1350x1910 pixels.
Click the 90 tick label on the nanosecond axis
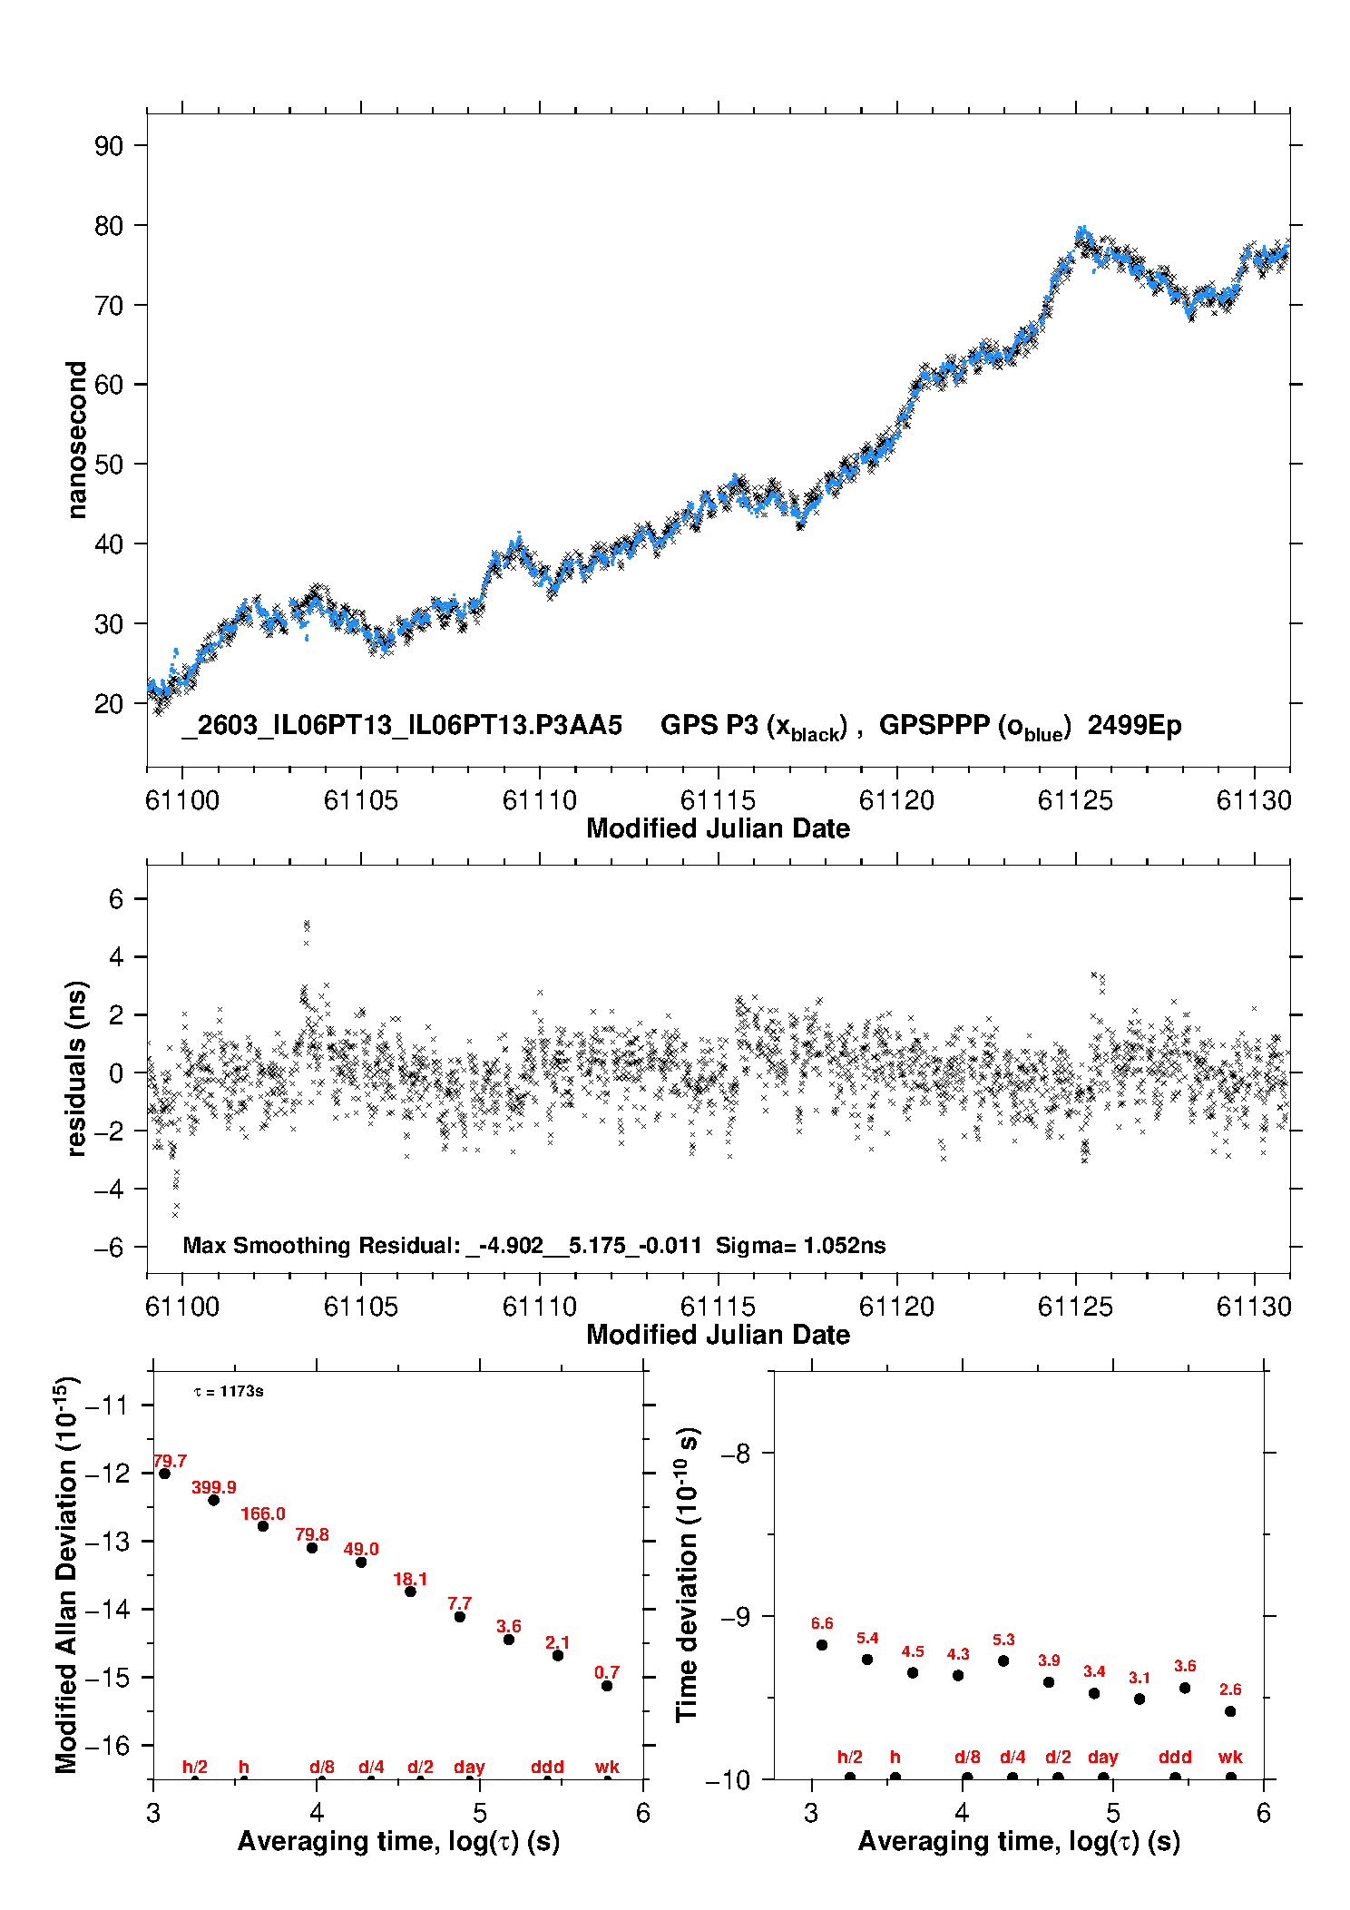[x=109, y=146]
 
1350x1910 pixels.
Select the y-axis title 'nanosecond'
[x=77, y=440]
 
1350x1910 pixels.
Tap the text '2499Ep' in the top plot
[x=1134, y=726]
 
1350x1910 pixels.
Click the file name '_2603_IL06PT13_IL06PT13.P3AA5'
[x=402, y=726]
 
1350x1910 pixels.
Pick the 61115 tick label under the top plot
[x=719, y=800]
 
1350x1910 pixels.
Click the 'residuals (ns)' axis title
[x=77, y=1069]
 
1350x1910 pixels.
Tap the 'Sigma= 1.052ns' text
[x=800, y=1245]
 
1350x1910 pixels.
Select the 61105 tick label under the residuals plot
[x=361, y=1307]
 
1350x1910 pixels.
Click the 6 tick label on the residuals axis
[x=116, y=899]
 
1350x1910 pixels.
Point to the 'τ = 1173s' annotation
[x=229, y=1391]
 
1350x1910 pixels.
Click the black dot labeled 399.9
[x=214, y=1500]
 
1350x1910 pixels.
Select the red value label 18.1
[x=410, y=1579]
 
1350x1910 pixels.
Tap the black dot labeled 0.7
[x=607, y=1686]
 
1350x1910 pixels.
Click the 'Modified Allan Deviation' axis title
[x=66, y=1575]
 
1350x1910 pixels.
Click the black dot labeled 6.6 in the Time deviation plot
[x=822, y=1645]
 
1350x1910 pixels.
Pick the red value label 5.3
[x=1003, y=1640]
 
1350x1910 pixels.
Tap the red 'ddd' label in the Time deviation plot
[x=1175, y=1758]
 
